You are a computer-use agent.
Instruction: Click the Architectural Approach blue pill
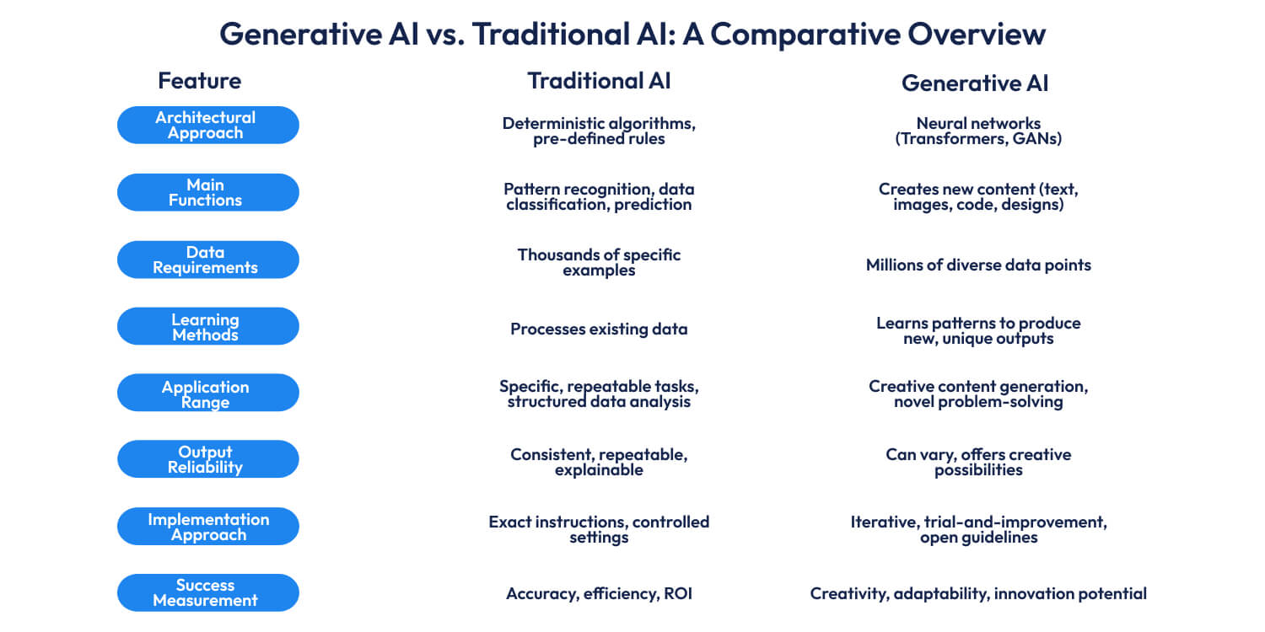coord(207,125)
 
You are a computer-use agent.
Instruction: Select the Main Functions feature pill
coord(207,192)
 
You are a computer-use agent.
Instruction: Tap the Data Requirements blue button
coord(207,260)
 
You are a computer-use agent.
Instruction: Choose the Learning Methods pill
coord(207,326)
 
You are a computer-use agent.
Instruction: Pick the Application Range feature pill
coord(207,393)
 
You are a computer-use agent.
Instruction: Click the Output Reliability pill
coord(207,459)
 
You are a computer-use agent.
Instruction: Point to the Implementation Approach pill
coord(207,526)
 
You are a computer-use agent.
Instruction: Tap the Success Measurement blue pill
coord(207,592)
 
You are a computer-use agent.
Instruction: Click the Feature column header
coord(199,81)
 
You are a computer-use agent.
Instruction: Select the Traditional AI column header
coord(599,81)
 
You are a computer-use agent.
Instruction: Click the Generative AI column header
coord(975,83)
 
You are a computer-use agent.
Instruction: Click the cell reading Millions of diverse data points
coord(978,265)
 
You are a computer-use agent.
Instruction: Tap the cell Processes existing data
coord(599,329)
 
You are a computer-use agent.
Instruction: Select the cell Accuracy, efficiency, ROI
coord(599,593)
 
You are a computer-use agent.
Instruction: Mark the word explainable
coord(599,470)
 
